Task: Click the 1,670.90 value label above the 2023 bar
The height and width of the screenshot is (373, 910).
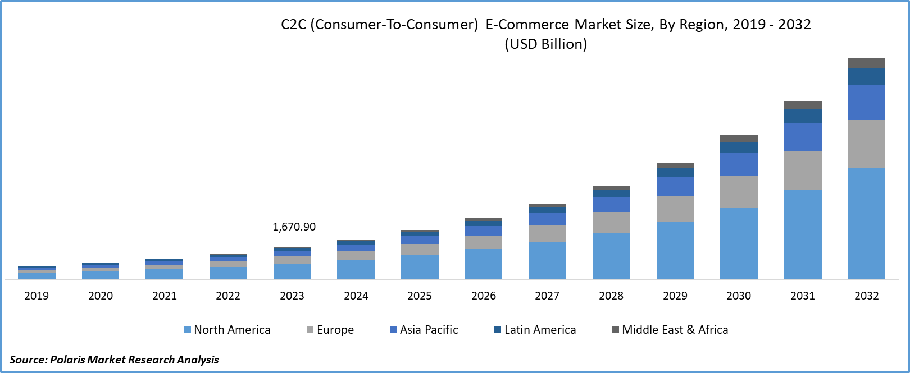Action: [x=294, y=227]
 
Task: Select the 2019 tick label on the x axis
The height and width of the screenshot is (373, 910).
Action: [x=37, y=296]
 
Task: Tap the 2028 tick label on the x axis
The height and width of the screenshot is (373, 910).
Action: [x=611, y=296]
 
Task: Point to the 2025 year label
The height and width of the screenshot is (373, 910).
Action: [x=420, y=296]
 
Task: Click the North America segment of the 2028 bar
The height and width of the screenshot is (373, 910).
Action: [x=611, y=256]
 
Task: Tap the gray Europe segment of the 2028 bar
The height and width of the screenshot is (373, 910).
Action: [x=611, y=222]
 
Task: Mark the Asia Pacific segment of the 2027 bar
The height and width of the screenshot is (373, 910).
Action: [x=547, y=219]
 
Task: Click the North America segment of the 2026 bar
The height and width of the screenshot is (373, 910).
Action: [x=484, y=264]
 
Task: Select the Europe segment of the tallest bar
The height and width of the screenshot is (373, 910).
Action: [x=866, y=144]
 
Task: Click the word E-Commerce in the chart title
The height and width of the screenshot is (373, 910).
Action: [x=527, y=25]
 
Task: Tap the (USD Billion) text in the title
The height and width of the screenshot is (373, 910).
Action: [x=545, y=44]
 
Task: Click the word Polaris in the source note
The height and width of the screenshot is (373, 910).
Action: [x=67, y=360]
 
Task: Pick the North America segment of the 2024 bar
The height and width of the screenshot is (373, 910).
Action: [x=356, y=269]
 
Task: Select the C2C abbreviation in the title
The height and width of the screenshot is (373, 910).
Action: [x=293, y=25]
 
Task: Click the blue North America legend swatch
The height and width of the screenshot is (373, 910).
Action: [x=187, y=330]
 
